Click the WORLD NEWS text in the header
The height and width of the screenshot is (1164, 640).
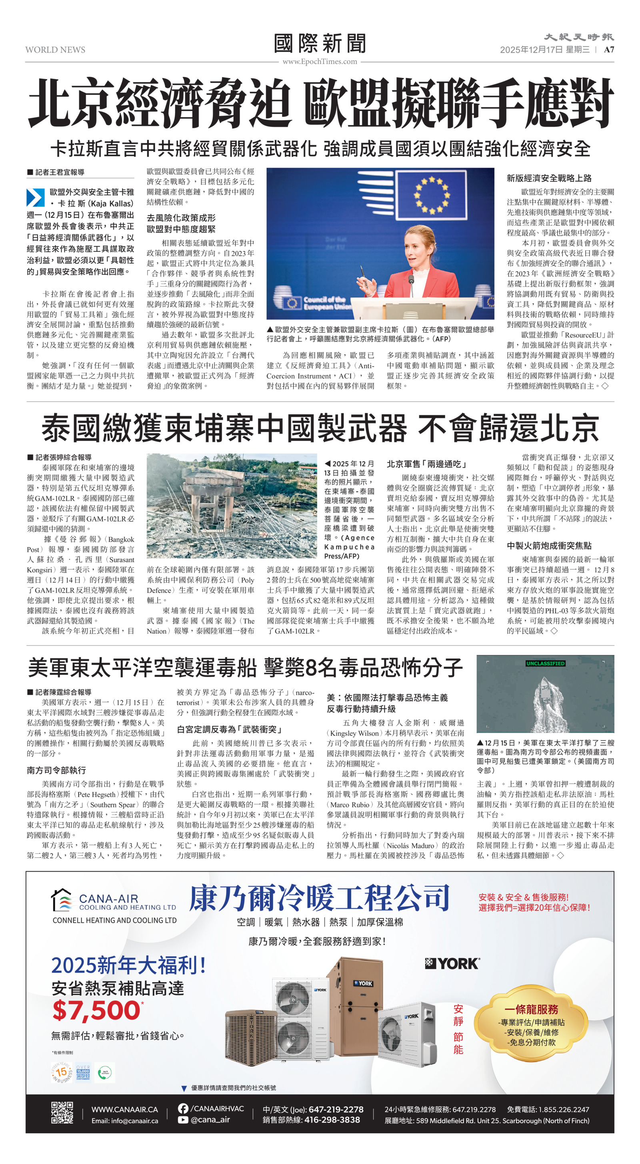(x=55, y=50)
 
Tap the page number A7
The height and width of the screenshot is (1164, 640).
(x=609, y=50)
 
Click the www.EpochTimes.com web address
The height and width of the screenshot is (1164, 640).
(x=320, y=62)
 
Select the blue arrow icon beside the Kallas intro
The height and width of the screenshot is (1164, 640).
(x=35, y=197)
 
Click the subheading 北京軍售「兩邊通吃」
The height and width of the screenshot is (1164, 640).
(x=426, y=464)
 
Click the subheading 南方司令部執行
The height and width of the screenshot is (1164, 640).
(x=56, y=770)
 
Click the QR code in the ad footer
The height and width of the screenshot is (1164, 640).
(x=62, y=1113)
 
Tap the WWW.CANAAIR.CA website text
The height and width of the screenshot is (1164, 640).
(x=124, y=1109)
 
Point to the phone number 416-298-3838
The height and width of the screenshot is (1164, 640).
(x=332, y=1120)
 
